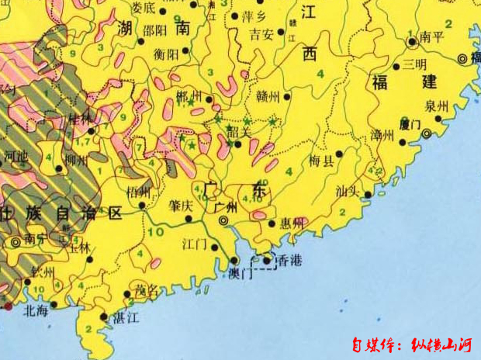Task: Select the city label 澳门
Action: [x=243, y=273]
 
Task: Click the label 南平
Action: [x=431, y=37]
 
